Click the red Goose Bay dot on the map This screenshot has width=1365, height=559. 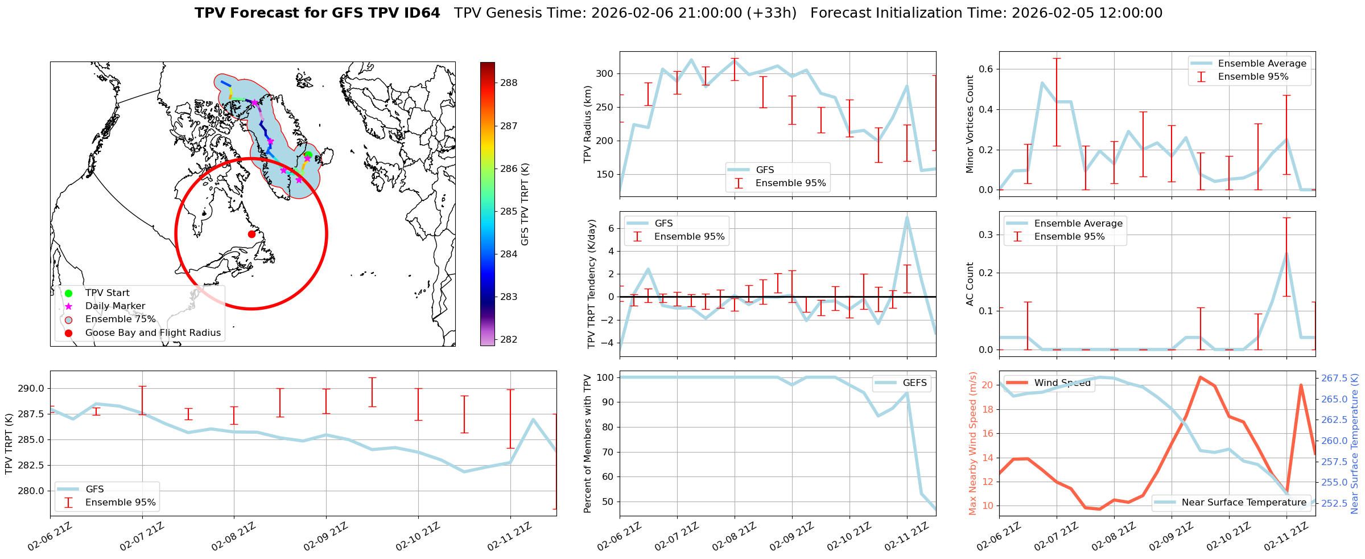pos(251,234)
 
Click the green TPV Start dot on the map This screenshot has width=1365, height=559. pos(308,154)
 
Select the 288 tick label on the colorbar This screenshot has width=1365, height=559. pos(509,83)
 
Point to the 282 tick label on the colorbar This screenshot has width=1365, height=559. pos(509,340)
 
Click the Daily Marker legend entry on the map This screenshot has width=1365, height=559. pos(115,306)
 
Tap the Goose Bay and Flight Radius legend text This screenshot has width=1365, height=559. pos(152,333)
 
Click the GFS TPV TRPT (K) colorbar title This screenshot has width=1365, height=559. pos(525,204)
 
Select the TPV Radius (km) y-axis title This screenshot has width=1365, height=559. pos(588,124)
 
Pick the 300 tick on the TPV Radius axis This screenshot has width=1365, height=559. pos(605,74)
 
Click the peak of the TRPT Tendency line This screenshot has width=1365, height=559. pos(907,217)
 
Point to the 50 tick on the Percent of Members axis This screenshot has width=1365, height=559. pos(608,502)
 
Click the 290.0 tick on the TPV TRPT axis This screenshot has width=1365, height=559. pos(33,389)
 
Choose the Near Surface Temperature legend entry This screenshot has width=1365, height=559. pos(1244,503)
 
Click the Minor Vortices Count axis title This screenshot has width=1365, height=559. pos(970,124)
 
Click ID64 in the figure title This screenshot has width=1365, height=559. pos(422,13)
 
